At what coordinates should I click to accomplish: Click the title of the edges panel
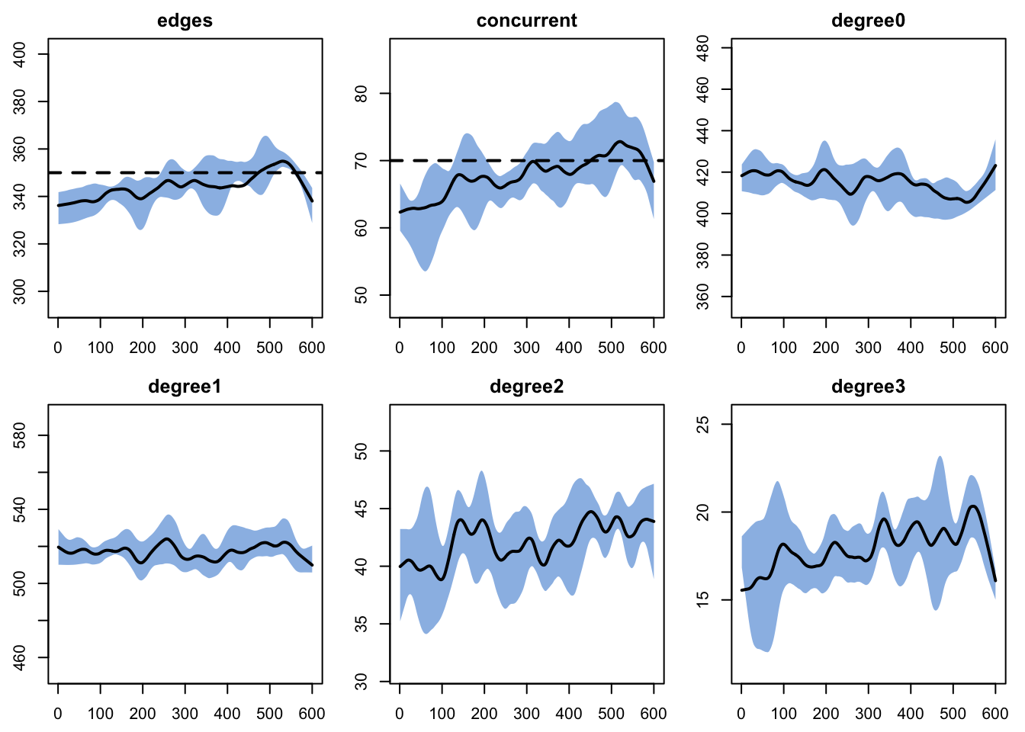tap(185, 21)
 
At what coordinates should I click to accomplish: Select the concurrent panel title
tap(527, 21)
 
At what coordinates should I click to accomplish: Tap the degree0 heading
tap(868, 21)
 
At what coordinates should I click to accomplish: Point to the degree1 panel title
tap(185, 387)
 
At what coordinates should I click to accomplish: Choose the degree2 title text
tap(527, 387)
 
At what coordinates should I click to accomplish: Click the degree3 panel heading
tap(868, 387)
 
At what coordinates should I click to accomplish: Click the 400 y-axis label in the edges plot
tap(20, 54)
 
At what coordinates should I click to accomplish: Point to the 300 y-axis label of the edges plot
tap(20, 291)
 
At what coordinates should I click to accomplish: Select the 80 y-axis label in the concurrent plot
tap(361, 94)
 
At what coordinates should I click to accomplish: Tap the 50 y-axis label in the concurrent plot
tap(361, 295)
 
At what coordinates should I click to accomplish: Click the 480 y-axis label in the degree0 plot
tap(702, 48)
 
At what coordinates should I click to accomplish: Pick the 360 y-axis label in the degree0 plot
tap(702, 297)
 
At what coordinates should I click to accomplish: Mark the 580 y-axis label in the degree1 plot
tap(20, 435)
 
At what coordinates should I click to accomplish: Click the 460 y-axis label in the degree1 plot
tap(20, 658)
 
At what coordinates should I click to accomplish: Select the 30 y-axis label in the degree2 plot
tap(361, 682)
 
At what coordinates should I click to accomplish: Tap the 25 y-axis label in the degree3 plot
tap(702, 424)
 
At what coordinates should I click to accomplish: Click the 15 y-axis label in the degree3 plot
tap(702, 600)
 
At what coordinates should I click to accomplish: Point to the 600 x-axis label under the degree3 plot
tap(995, 714)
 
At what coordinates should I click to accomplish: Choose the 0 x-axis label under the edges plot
tap(58, 348)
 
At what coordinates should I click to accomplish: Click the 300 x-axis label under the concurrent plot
tap(527, 348)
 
